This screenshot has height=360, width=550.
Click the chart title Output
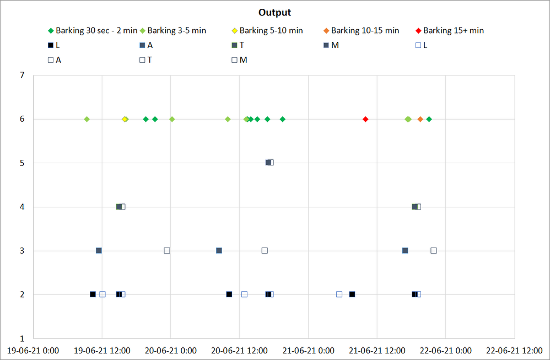tap(274, 13)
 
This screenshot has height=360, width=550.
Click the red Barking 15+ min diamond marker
tap(365, 119)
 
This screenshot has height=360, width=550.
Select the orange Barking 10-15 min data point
tap(420, 119)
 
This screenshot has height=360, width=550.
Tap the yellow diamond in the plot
tap(125, 119)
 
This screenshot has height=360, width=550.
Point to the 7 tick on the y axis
tap(22, 75)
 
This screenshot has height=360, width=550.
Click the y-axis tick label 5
tap(22, 163)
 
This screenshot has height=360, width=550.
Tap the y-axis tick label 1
tap(22, 338)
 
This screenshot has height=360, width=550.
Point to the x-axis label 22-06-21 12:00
tap(514, 350)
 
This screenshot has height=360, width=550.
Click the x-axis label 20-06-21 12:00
tap(239, 350)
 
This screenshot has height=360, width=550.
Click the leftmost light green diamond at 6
tap(87, 119)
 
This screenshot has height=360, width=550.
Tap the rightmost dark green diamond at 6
tap(429, 119)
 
